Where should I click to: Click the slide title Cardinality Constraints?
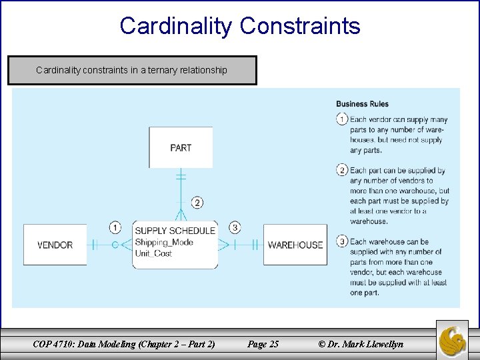coord(240,26)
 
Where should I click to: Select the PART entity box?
coord(181,147)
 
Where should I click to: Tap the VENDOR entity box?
coord(55,245)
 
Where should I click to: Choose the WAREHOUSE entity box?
coord(295,245)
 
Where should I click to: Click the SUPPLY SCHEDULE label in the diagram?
coord(175,231)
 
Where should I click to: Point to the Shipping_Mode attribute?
coord(164,242)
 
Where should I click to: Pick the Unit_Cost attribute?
coord(154,253)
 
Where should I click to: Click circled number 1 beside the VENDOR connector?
coord(115,228)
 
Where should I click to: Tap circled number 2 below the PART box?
coord(197,202)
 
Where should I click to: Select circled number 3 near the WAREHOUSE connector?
coord(235,228)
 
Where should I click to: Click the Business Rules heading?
coord(362,104)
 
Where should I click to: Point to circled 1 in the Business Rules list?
coord(342,119)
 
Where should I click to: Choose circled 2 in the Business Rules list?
coord(342,170)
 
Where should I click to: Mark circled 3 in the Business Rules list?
coord(342,241)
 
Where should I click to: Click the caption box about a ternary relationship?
coord(132,70)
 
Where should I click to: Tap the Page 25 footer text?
coord(263,344)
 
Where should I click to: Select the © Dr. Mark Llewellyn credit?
coord(361,344)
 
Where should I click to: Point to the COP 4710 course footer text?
coord(124,344)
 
